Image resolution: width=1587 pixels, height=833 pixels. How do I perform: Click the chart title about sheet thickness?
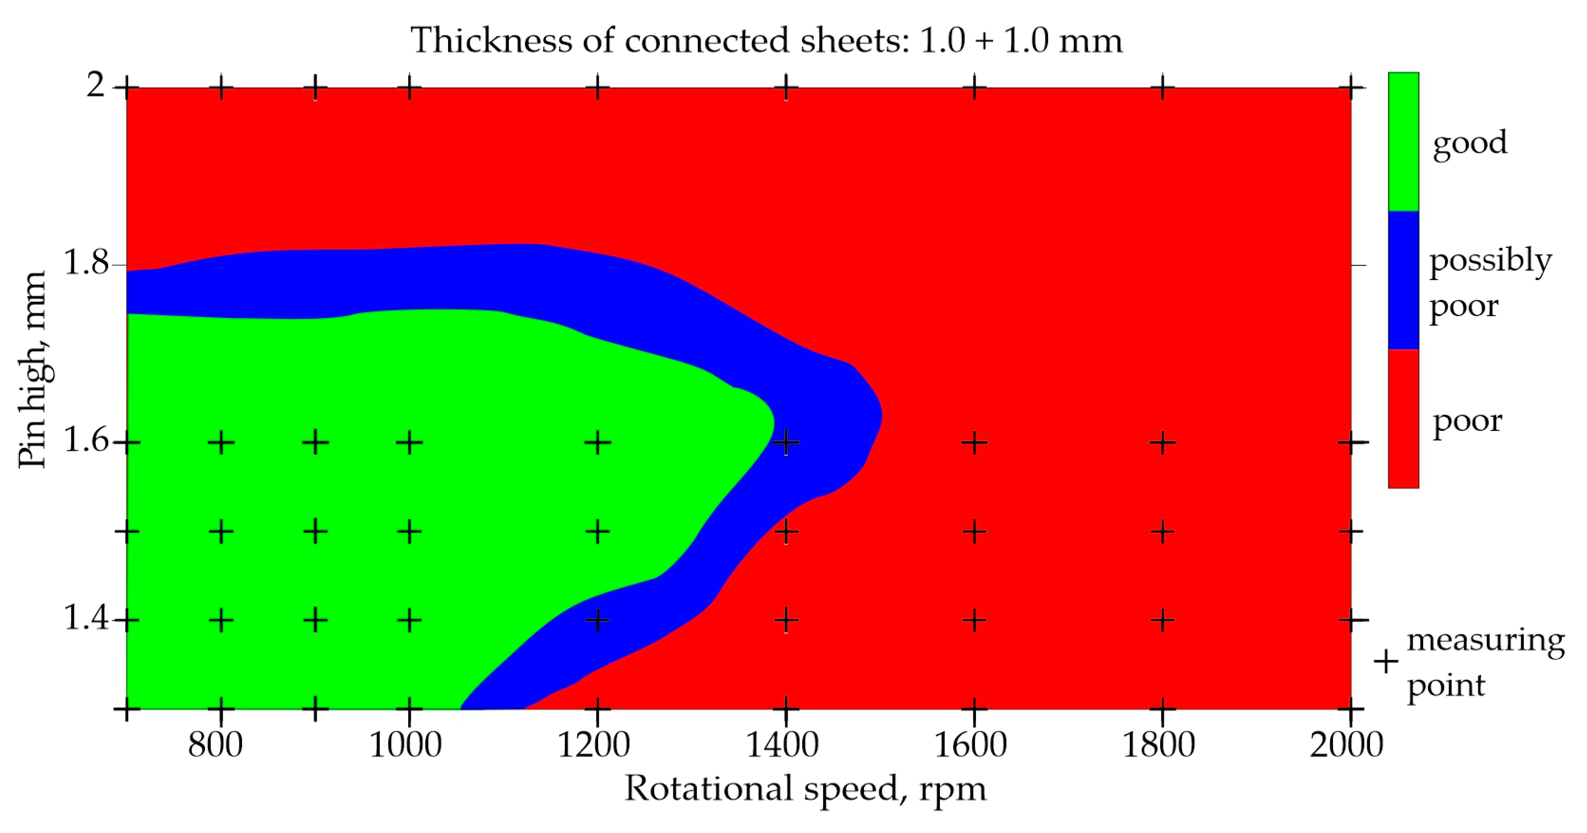766,41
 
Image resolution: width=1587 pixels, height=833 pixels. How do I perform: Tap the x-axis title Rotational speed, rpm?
805,789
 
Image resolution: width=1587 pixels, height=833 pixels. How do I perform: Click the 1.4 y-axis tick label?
86,618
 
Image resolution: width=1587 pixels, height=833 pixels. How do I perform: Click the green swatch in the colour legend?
1403,142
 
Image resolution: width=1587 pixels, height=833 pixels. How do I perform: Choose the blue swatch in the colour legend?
1403,281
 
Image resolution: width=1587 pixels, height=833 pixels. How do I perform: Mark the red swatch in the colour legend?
1403,419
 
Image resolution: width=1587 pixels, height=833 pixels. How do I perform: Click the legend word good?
1470,143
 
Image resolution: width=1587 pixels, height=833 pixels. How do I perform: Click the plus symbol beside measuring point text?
1386,662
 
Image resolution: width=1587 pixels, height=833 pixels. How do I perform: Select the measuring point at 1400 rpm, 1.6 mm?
786,442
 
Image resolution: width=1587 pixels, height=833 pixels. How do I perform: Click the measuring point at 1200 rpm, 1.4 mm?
597,620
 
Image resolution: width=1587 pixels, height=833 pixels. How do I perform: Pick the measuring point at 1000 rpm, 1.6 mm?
409,442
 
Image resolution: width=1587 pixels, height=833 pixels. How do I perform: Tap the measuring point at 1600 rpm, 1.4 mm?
974,620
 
